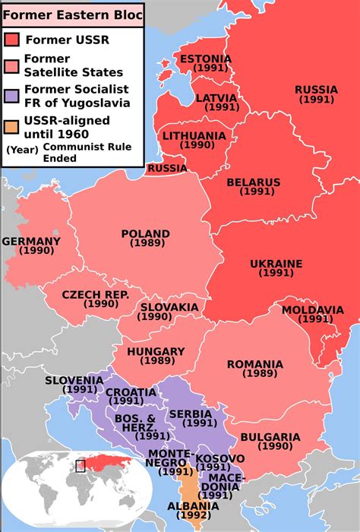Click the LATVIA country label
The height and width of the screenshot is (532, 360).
[216, 98]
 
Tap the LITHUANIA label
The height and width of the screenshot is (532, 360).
[194, 136]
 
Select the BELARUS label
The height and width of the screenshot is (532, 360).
[253, 182]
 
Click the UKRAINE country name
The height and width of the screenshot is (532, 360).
[276, 264]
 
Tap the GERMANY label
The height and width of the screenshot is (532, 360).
[31, 241]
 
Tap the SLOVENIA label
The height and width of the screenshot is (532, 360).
[74, 380]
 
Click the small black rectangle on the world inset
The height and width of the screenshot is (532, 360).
[80, 465]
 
